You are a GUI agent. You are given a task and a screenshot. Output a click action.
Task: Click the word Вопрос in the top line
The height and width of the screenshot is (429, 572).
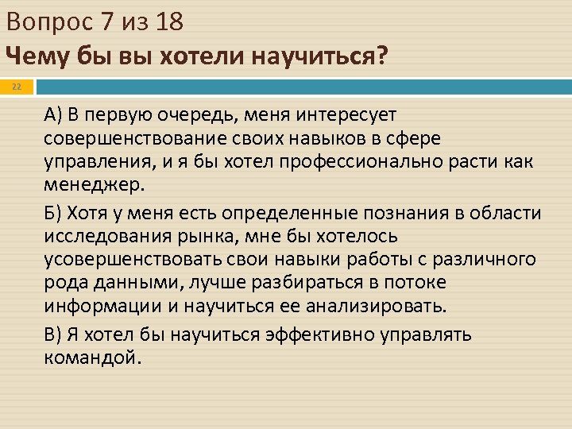point(49,22)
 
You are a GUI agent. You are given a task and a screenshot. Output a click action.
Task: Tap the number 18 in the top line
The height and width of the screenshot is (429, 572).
point(169,22)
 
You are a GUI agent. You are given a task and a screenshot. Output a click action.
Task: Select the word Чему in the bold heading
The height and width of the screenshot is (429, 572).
point(33,56)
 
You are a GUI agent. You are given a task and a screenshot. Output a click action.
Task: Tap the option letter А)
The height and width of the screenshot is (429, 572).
point(52,117)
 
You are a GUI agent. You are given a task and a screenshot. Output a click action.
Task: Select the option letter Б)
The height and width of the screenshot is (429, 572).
point(52,214)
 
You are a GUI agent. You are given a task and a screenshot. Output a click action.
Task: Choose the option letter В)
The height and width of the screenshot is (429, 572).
point(52,334)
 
